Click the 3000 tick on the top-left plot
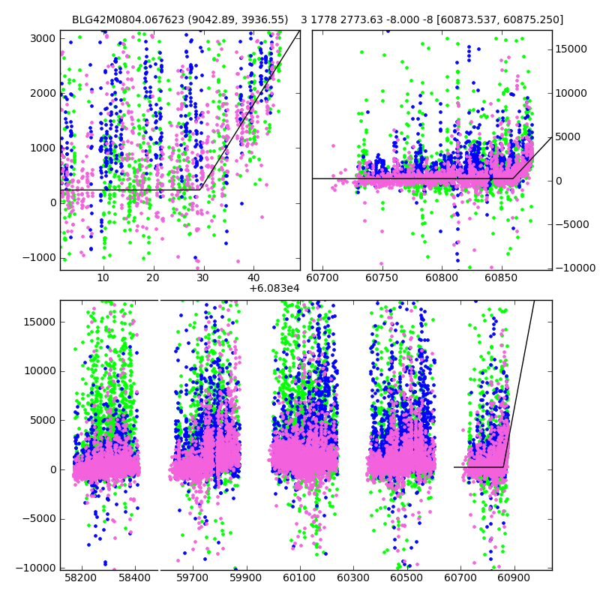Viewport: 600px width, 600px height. pyautogui.click(x=42, y=38)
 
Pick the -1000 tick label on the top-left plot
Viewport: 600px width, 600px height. pyautogui.click(x=40, y=257)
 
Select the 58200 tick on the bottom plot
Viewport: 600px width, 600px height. pyautogui.click(x=81, y=578)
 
